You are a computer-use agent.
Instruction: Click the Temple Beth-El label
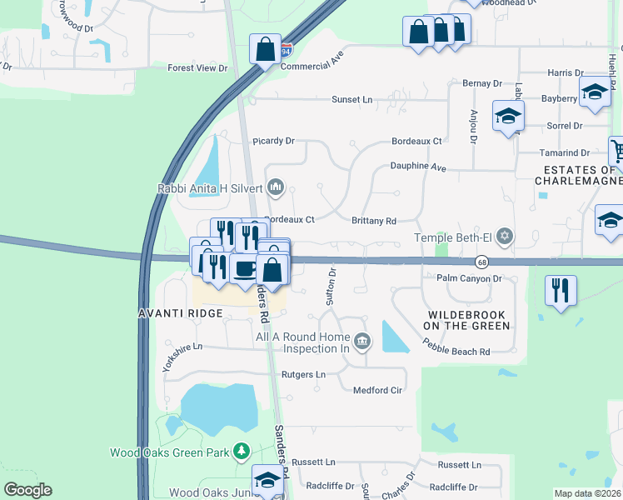[x=452, y=238]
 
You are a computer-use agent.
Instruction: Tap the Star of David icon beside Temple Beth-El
[x=503, y=238]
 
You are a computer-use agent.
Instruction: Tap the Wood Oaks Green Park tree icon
[x=242, y=452]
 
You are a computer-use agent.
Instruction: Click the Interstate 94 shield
[x=286, y=50]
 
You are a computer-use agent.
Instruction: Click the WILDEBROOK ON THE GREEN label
[x=467, y=320]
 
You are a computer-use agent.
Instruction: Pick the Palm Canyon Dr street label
[x=471, y=278]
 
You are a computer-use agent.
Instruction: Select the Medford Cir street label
[x=378, y=390]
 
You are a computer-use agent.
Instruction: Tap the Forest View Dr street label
[x=197, y=68]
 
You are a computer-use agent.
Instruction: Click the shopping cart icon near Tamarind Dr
[x=618, y=151]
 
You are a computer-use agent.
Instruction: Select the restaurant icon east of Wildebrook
[x=561, y=290]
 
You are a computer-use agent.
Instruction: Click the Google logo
[x=27, y=490]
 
